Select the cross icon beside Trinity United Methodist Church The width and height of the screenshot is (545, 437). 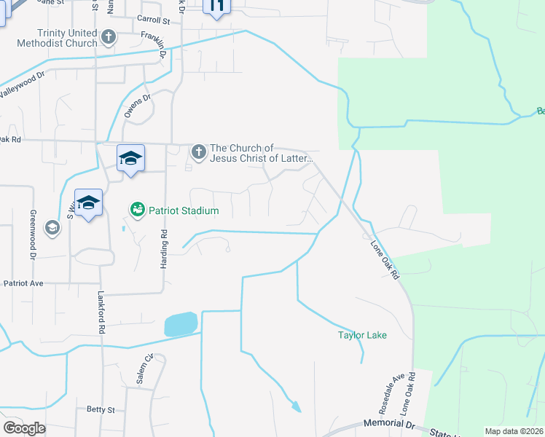pos(109,36)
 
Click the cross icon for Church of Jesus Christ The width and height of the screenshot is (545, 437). pos(198,152)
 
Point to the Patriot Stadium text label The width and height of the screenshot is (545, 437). pos(184,210)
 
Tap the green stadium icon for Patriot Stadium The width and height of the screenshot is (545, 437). pos(137,210)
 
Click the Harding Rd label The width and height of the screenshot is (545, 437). pos(164,248)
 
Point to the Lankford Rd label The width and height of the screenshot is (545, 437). pos(102,312)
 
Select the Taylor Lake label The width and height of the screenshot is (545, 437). pos(361,335)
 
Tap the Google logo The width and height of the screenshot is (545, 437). pos(24,428)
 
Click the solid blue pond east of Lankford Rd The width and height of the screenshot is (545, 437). pos(181,324)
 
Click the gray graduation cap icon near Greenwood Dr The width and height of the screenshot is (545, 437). pos(52,228)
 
